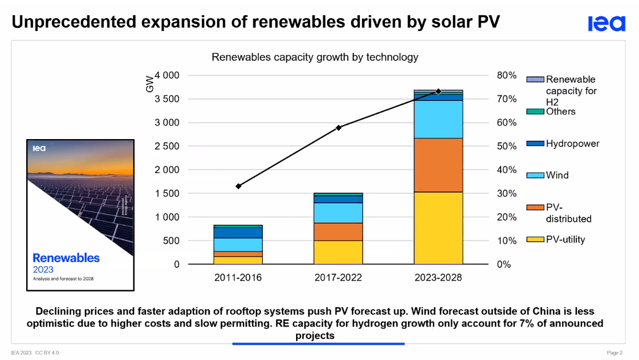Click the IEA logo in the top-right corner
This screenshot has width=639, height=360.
click(606, 23)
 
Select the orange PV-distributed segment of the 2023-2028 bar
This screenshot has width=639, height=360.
click(438, 165)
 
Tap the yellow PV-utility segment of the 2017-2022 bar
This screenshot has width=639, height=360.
click(338, 252)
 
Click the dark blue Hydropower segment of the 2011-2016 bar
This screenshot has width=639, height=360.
click(238, 232)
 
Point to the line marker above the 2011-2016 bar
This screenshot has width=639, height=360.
click(238, 186)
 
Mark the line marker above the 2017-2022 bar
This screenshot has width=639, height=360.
click(338, 128)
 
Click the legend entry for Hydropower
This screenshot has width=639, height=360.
click(572, 144)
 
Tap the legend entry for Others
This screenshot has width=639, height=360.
click(560, 111)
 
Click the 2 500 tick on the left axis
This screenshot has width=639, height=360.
click(167, 146)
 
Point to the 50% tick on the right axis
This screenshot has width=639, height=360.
click(506, 146)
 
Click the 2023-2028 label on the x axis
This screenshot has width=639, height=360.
click(438, 278)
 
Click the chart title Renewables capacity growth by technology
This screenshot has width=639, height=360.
click(315, 57)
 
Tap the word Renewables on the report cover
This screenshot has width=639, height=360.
click(66, 257)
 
